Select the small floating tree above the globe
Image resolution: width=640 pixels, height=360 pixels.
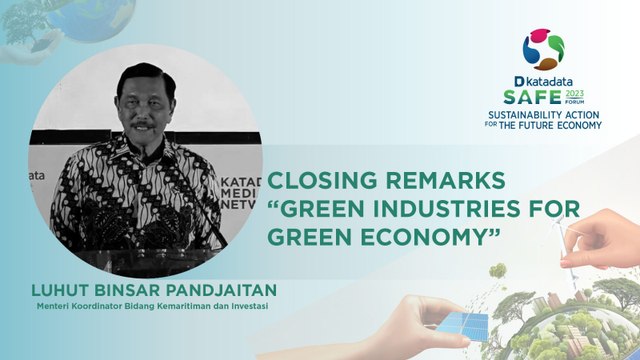497,272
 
